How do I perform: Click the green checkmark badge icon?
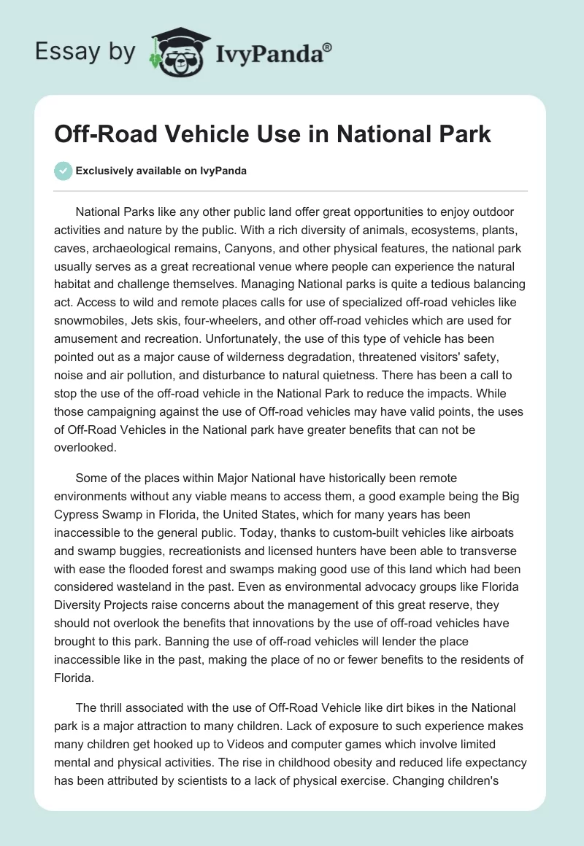click(64, 171)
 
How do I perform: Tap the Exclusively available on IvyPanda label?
click(161, 171)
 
